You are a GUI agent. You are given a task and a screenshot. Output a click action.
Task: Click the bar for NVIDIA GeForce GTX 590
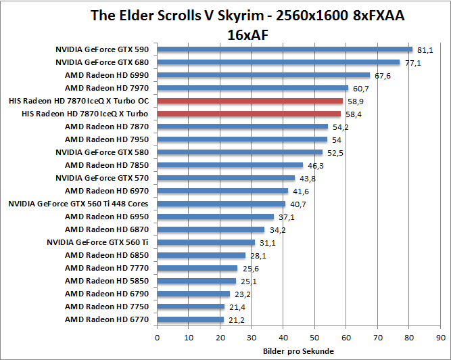(284, 49)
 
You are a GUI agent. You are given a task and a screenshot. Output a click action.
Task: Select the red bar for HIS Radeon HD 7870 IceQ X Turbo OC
(250, 101)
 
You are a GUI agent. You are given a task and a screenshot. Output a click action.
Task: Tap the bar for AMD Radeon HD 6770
(190, 319)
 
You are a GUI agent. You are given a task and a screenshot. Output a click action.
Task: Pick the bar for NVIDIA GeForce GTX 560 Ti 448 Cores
(221, 204)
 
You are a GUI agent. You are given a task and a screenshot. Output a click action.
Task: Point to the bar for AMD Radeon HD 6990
(263, 75)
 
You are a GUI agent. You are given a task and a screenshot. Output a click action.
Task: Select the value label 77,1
(412, 62)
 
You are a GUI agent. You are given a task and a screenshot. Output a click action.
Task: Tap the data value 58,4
(353, 114)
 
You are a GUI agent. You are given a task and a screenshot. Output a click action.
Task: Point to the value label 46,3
(315, 165)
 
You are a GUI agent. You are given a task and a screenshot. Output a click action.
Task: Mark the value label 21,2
(236, 319)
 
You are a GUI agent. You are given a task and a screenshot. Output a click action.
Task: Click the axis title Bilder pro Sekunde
(298, 351)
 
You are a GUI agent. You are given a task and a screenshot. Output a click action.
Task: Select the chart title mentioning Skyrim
(247, 24)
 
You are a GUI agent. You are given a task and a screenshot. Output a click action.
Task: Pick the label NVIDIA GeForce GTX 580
(103, 152)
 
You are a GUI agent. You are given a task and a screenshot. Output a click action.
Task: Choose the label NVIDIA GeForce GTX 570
(103, 178)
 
